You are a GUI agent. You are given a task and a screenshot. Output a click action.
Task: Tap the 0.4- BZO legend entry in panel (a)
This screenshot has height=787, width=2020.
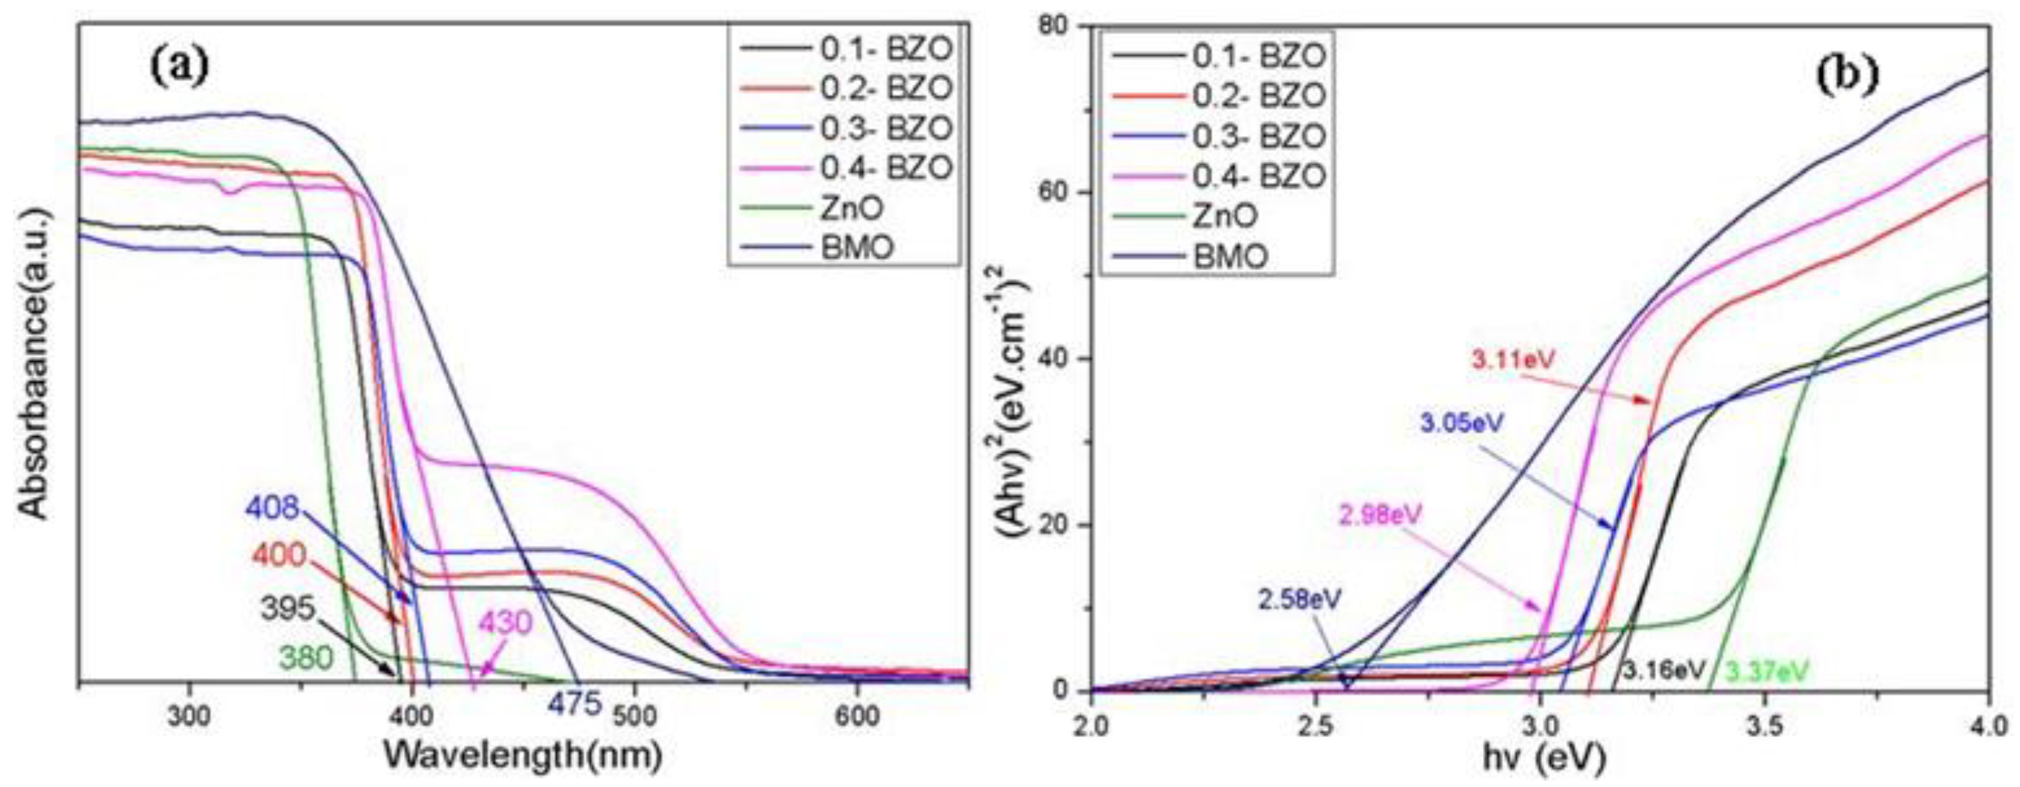pyautogui.click(x=886, y=167)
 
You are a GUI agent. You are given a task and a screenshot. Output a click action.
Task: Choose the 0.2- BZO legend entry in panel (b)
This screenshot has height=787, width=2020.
pyautogui.click(x=1258, y=96)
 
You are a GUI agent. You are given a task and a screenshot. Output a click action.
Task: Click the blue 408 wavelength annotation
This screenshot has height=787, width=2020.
pyautogui.click(x=273, y=508)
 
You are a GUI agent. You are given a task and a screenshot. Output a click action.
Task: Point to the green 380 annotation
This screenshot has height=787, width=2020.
pyautogui.click(x=305, y=657)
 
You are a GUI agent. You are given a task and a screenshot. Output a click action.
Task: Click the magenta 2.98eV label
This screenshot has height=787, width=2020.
pyautogui.click(x=1379, y=516)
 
